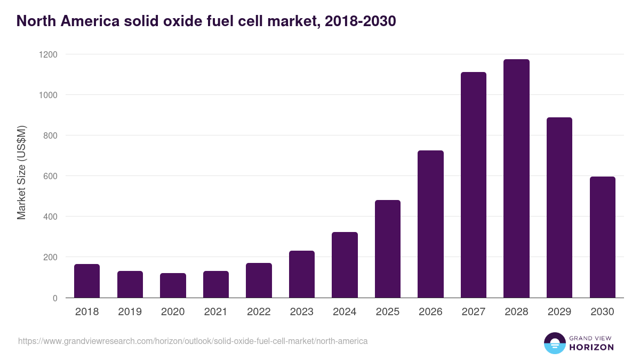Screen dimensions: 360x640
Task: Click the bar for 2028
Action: click(516, 179)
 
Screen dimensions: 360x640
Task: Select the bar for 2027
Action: click(474, 185)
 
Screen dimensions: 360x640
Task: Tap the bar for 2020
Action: click(173, 285)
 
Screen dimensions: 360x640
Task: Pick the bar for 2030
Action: click(602, 237)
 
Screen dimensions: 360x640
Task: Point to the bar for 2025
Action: click(388, 249)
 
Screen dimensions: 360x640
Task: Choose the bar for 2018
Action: click(87, 281)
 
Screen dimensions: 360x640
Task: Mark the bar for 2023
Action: click(302, 274)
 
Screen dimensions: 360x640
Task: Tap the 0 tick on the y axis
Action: click(55, 298)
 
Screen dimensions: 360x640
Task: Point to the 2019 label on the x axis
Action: click(130, 312)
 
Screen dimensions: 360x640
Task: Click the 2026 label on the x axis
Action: click(430, 312)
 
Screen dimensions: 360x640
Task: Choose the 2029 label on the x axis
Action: click(559, 312)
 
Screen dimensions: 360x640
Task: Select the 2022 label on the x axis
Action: click(259, 312)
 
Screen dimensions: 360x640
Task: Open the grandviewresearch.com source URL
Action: click(193, 341)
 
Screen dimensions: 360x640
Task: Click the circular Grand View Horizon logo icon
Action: click(554, 343)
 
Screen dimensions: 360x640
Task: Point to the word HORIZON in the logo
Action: click(591, 347)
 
